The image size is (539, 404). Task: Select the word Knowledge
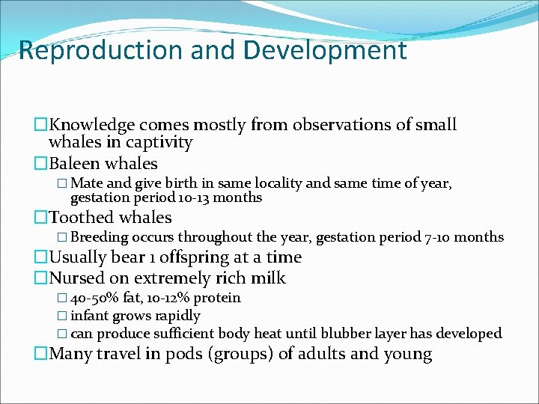(92, 125)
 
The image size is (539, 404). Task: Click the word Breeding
(100, 237)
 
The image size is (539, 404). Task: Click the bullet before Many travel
(40, 354)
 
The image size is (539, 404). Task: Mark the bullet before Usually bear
(40, 257)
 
